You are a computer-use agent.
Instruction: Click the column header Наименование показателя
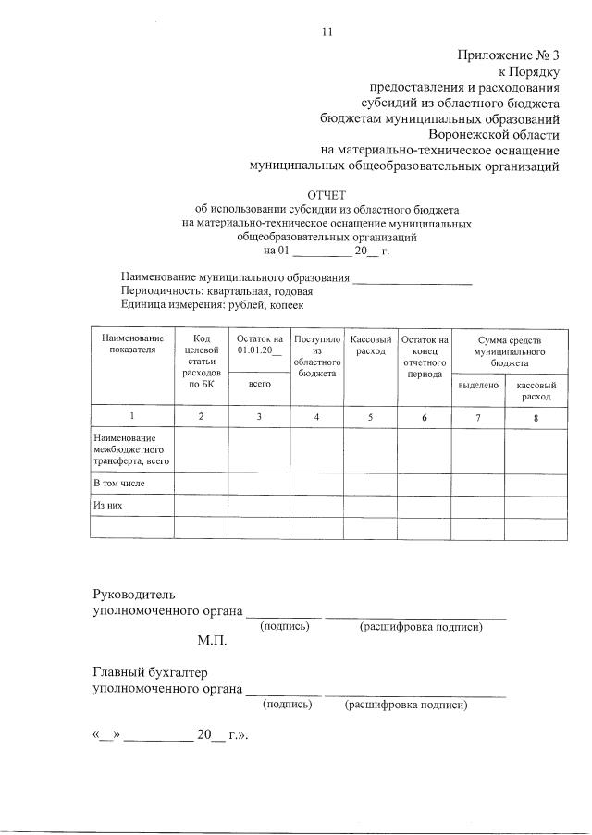(132, 345)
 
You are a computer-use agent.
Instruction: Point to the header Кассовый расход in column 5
(370, 345)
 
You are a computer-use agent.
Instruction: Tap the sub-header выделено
(478, 385)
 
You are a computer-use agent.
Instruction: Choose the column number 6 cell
(425, 417)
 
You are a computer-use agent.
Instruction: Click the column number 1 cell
(132, 417)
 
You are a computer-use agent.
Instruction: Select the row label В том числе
(119, 483)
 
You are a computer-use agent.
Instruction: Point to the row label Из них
(108, 506)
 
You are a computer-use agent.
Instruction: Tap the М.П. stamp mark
(211, 640)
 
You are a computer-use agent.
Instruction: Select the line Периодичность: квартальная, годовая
(210, 290)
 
